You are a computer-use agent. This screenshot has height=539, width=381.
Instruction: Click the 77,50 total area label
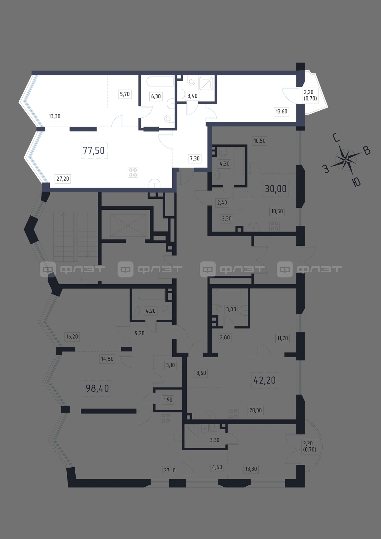pyautogui.click(x=94, y=151)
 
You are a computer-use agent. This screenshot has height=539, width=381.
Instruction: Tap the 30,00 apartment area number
pyautogui.click(x=276, y=189)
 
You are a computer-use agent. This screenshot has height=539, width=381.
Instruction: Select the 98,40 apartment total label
pyautogui.click(x=97, y=388)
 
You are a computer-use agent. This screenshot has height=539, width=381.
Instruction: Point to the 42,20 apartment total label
pyautogui.click(x=265, y=380)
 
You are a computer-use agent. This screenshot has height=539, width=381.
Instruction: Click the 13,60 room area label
pyautogui.click(x=282, y=112)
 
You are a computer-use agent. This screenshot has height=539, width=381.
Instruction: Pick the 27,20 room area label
pyautogui.click(x=63, y=179)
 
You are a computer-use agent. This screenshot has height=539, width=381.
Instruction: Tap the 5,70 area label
pyautogui.click(x=125, y=94)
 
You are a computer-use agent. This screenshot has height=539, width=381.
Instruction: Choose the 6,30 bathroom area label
pyautogui.click(x=156, y=96)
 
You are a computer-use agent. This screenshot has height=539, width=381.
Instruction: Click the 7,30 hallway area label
pyautogui.click(x=195, y=159)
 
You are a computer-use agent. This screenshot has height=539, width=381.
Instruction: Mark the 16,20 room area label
pyautogui.click(x=72, y=337)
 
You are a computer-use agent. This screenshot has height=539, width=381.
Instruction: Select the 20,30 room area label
pyautogui.click(x=255, y=410)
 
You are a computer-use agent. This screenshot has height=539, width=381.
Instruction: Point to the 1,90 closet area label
pyautogui.click(x=168, y=400)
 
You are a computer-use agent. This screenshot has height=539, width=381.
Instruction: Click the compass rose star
pyautogui.click(x=346, y=160)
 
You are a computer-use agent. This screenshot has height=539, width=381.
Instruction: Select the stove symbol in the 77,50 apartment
pyautogui.click(x=133, y=172)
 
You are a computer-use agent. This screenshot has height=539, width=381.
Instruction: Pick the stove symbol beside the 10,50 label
pyautogui.click(x=274, y=225)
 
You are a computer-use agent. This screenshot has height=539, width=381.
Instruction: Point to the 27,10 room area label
pyautogui.click(x=170, y=470)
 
